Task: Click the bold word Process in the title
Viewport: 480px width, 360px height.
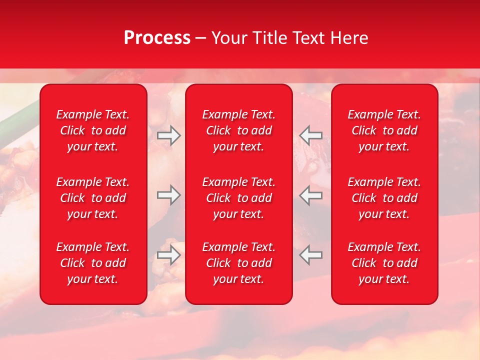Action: pos(157,38)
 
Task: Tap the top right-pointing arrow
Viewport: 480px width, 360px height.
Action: pos(168,135)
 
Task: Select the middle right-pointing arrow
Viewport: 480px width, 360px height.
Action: pos(168,195)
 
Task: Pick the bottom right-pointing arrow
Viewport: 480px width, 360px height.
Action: pos(168,255)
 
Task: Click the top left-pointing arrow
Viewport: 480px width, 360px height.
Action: pos(310,135)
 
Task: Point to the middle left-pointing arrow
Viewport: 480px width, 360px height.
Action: pos(310,195)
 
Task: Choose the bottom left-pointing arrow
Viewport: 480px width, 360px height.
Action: pos(310,255)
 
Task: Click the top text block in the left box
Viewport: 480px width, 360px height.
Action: pos(93,130)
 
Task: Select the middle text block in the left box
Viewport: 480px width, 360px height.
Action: pos(93,198)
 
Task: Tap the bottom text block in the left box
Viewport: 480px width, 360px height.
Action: pos(93,263)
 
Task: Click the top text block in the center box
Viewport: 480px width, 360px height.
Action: pos(238,130)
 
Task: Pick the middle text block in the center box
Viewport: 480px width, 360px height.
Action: pos(238,198)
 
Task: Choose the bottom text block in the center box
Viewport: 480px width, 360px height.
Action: pos(238,263)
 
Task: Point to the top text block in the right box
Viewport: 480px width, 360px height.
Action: pos(384,130)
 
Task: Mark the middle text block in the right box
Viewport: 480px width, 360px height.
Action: pos(384,198)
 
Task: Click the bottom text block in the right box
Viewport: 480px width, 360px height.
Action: pos(384,263)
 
